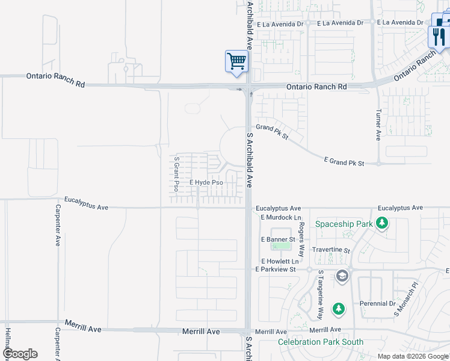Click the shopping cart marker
pyautogui.click(x=236, y=61)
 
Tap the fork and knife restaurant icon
pyautogui.click(x=439, y=37)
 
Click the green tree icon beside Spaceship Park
pyautogui.click(x=381, y=224)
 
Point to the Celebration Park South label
pyautogui.click(x=321, y=342)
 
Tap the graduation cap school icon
pyautogui.click(x=342, y=276)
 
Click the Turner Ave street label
pyautogui.click(x=378, y=125)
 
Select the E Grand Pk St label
pyautogui.click(x=345, y=162)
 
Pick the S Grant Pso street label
pyautogui.click(x=176, y=174)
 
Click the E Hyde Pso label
pyautogui.click(x=206, y=182)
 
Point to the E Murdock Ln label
pyautogui.click(x=280, y=217)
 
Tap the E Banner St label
pyautogui.click(x=277, y=239)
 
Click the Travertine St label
pyautogui.click(x=331, y=250)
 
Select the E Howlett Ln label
pyautogui.click(x=280, y=261)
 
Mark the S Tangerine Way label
pyautogui.click(x=321, y=294)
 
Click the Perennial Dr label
pyautogui.click(x=377, y=304)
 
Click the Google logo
pyautogui.click(x=20, y=354)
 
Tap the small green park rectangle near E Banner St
pyautogui.click(x=280, y=246)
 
